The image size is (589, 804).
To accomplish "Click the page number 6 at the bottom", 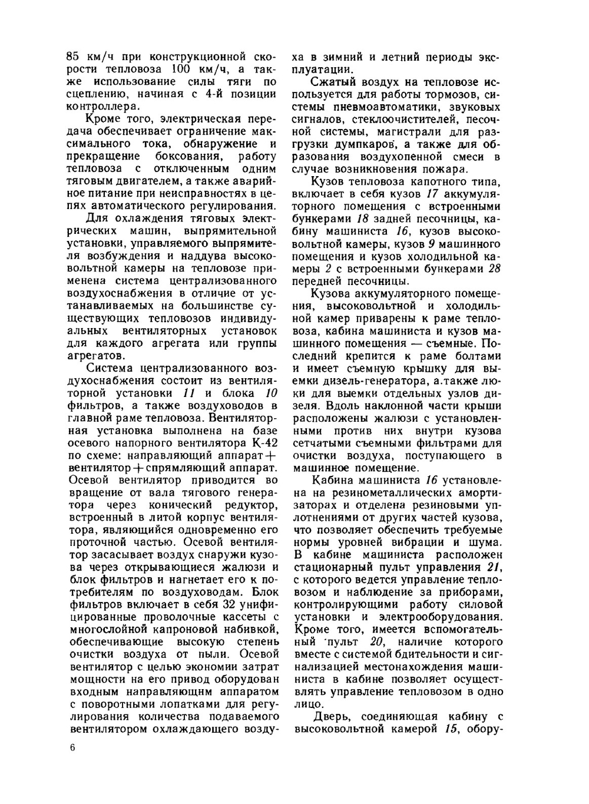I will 72,747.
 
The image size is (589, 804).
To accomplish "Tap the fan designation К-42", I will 262,430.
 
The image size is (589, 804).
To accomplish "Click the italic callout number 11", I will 188,393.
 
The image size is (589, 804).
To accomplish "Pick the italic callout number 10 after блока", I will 270,393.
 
